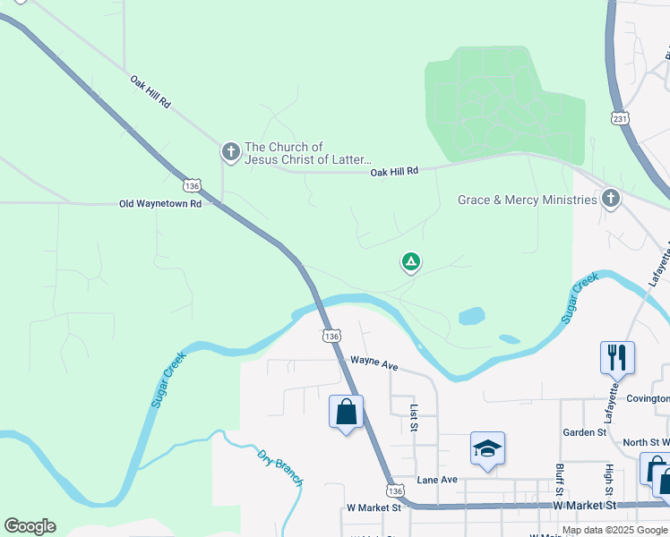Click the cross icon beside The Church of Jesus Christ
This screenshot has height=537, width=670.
point(230,153)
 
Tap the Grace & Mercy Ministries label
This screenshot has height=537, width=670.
point(527,200)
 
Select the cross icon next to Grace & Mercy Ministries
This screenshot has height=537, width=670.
point(611,199)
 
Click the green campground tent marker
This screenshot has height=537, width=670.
point(410,262)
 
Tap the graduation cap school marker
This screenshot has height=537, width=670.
point(487,448)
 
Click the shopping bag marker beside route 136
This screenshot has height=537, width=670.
point(346,413)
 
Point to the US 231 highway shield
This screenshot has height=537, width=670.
point(621,118)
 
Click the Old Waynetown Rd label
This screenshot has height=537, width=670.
point(160,204)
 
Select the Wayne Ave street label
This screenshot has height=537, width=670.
point(374,362)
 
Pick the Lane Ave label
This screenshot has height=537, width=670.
point(437,480)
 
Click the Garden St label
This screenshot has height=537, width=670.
point(585,432)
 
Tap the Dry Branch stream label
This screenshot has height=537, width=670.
point(280,467)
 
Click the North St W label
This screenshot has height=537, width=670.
point(646,442)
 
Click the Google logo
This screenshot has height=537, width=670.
point(30,526)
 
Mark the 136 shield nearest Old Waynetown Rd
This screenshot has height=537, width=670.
point(191,185)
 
